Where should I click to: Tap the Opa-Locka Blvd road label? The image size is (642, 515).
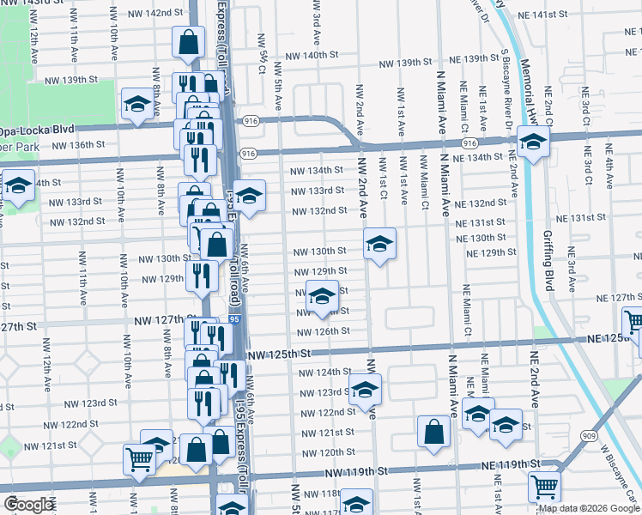[x=38, y=130]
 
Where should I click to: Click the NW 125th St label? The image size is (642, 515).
[x=277, y=354]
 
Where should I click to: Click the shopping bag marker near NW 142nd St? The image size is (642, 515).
[x=188, y=40]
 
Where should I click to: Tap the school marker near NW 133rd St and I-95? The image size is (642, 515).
[x=249, y=196]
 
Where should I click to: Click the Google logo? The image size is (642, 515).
[x=28, y=505]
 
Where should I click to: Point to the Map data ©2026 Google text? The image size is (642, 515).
[x=589, y=508]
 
